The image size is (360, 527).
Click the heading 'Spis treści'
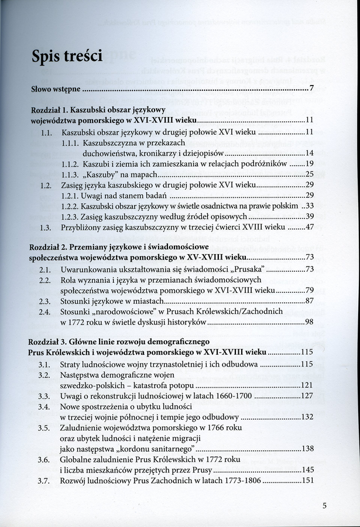[x=67, y=56]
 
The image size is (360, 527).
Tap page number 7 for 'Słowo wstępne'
[x=312, y=89]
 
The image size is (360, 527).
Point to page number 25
[x=310, y=174]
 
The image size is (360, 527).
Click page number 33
[x=310, y=206]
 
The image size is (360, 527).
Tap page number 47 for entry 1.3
[x=310, y=227]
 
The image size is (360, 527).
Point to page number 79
[x=310, y=290]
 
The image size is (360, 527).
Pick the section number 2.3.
[x=44, y=301]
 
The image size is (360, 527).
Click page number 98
[x=310, y=322]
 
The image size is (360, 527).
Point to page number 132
[x=307, y=417]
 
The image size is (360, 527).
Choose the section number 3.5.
[x=44, y=427]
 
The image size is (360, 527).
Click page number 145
[x=307, y=470]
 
